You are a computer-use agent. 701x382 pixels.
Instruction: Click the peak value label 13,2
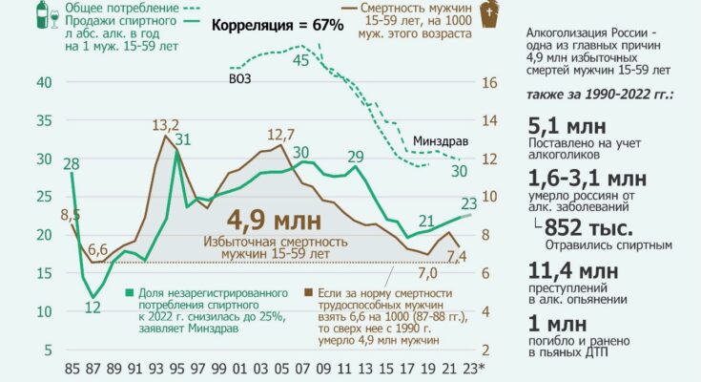[167, 124]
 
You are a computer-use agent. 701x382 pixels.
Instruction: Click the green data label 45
[300, 60]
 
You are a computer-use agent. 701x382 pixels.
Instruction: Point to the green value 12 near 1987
[93, 307]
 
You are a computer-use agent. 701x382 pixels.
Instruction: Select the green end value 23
[469, 202]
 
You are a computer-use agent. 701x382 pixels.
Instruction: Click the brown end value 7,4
[456, 256]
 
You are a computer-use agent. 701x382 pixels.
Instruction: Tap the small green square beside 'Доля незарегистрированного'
[130, 290]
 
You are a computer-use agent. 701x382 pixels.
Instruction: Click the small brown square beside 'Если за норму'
[307, 290]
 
